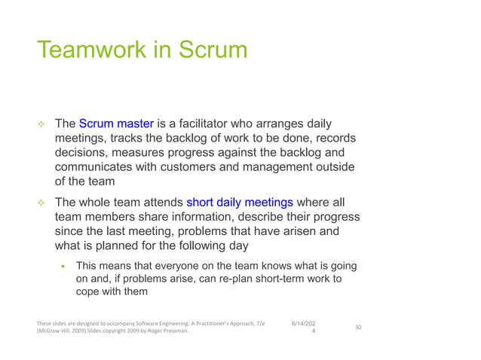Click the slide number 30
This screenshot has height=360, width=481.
pos(358,328)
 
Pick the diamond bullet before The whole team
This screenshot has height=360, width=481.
pos(42,203)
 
